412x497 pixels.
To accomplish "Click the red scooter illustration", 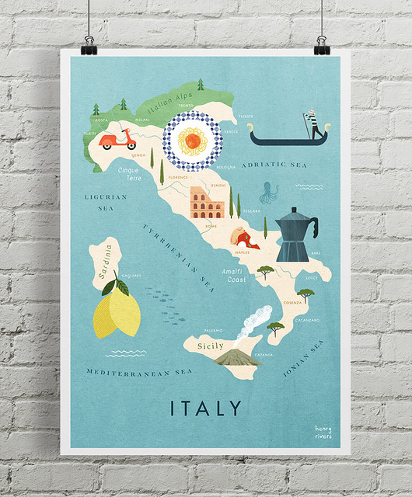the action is click(117, 139).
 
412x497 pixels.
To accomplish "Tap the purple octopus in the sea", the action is click(269, 191).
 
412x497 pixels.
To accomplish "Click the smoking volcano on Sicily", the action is click(238, 355).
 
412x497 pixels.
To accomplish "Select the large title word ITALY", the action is click(206, 407).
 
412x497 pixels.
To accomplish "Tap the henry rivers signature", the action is click(323, 431).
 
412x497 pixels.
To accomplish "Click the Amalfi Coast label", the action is click(234, 274).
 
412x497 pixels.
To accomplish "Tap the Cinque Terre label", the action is click(129, 172).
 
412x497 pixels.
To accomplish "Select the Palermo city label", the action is click(214, 329).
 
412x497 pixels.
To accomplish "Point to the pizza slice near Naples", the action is click(242, 235).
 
